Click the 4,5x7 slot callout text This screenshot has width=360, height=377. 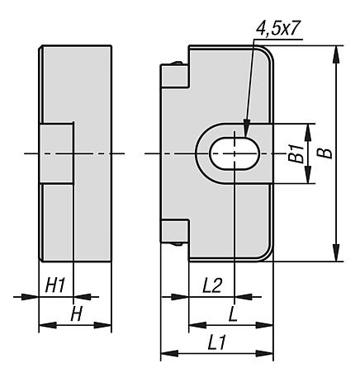[277, 28]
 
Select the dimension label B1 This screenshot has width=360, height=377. [296, 153]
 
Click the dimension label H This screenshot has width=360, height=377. [76, 313]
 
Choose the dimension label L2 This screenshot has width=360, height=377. [212, 285]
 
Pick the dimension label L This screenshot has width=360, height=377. [233, 313]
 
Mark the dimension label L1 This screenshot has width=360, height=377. [216, 343]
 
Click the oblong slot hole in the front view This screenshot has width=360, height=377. [234, 153]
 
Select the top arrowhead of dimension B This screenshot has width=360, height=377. [337, 54]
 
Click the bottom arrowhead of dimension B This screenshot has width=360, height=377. [337, 252]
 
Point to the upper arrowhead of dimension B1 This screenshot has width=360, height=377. [308, 133]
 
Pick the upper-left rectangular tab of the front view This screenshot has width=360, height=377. [175, 76]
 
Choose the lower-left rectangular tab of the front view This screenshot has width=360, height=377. [175, 231]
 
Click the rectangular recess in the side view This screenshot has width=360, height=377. [57, 153]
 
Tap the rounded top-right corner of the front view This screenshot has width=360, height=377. [267, 52]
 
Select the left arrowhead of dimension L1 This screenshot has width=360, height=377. [169, 353]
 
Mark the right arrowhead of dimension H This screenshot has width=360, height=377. [103, 325]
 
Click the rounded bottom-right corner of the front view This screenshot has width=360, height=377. [267, 254]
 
